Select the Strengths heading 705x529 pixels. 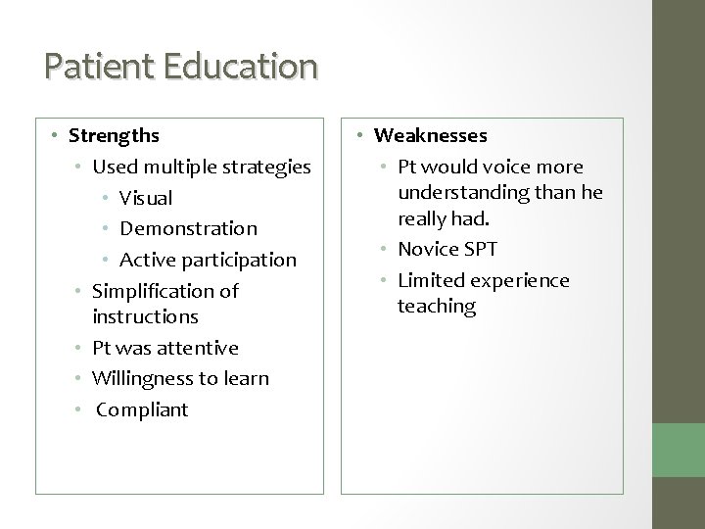point(115,135)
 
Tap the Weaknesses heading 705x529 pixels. point(431,135)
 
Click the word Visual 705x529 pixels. point(146,198)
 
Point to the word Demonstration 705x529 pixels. point(188,228)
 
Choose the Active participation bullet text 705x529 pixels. point(208,260)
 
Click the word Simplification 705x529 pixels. point(151,291)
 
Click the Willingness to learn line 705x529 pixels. point(180,378)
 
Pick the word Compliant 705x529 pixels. point(142,409)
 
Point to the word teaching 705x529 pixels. point(436,307)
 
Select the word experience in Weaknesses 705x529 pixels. point(519,281)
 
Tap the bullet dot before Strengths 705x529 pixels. point(58,135)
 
